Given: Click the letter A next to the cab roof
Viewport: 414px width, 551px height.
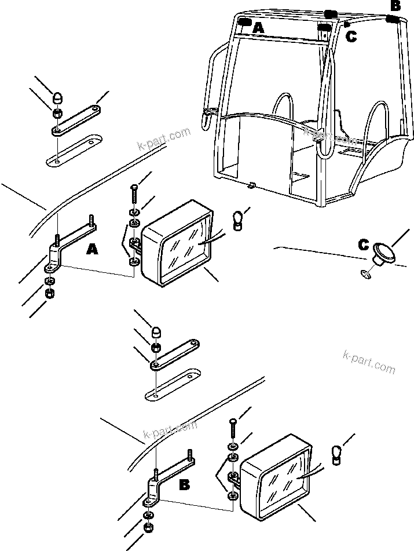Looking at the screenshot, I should click(x=258, y=27).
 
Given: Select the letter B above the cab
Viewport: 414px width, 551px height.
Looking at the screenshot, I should click(x=395, y=6).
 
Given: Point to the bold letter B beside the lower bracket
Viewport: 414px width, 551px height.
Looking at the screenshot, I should click(x=184, y=484).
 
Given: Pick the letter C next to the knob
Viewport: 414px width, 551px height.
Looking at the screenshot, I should click(x=363, y=245).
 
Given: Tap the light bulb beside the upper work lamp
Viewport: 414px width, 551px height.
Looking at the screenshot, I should click(x=237, y=220).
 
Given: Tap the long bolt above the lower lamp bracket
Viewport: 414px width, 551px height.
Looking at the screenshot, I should click(x=232, y=426).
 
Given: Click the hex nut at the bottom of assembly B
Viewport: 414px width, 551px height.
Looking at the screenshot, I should click(x=148, y=528).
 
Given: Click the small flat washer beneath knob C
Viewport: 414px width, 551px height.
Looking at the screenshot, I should click(x=364, y=274).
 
